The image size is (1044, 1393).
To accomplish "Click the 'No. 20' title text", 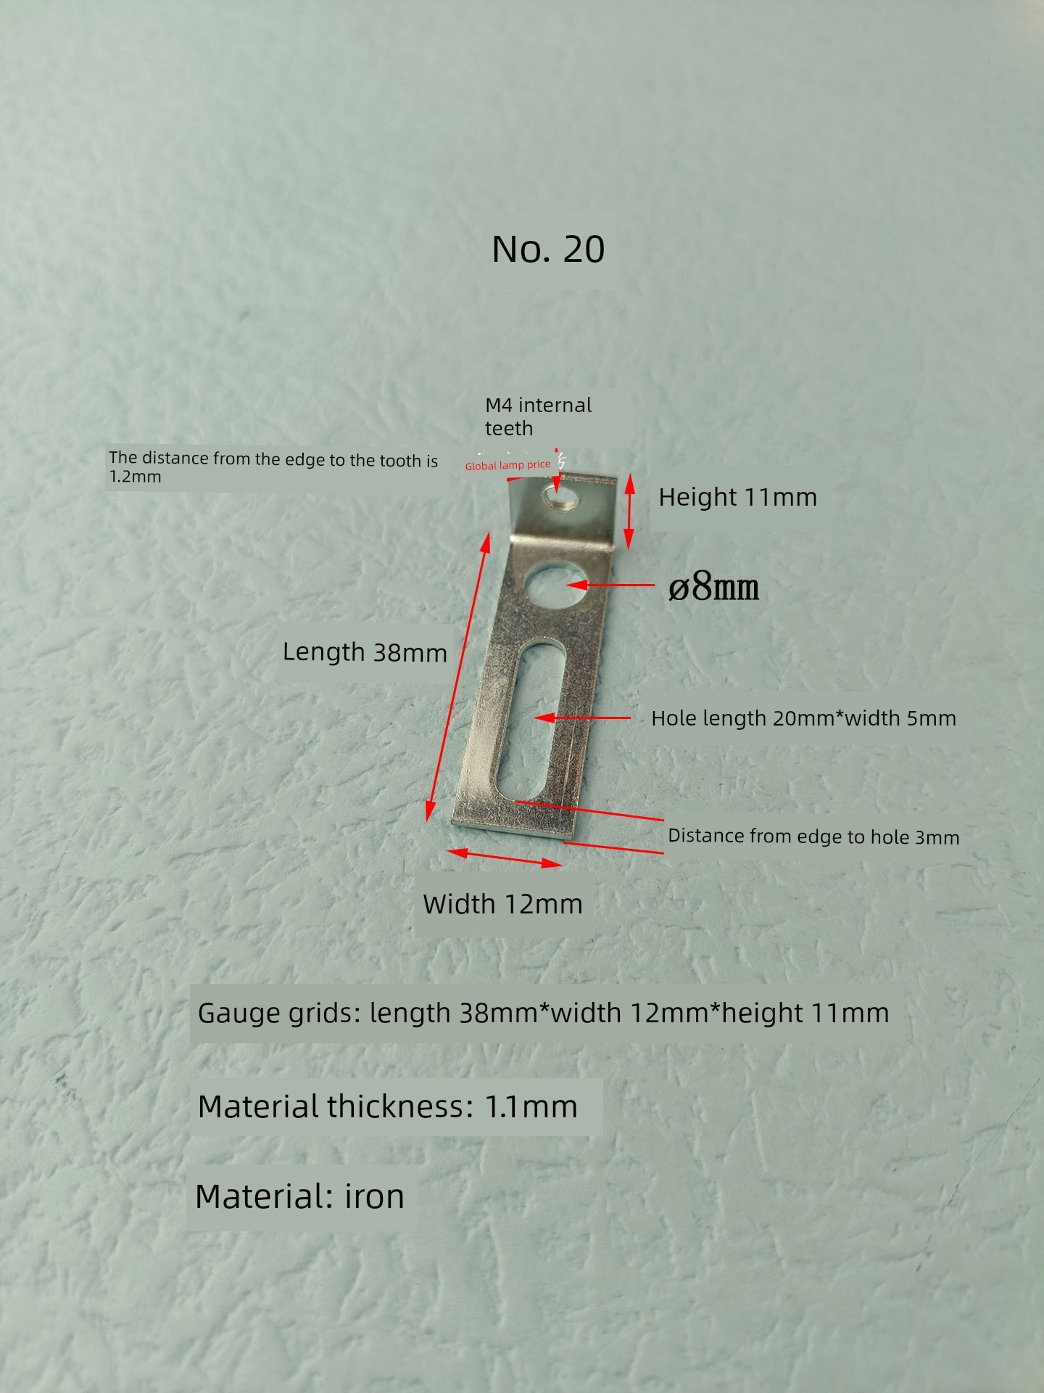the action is (x=548, y=249).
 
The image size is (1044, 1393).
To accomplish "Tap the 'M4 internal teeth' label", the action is (x=538, y=416).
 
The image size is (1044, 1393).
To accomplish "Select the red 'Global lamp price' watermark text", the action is (x=507, y=465).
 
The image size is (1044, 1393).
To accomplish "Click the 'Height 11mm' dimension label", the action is (x=737, y=497).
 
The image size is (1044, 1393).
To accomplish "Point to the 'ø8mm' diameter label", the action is (x=713, y=586).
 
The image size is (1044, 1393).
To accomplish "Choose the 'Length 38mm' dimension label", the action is (x=365, y=652).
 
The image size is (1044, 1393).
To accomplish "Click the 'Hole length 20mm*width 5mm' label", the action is (x=803, y=718).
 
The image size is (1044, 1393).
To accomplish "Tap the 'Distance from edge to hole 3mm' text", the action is (x=813, y=836).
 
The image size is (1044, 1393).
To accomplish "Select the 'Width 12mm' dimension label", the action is (x=502, y=904).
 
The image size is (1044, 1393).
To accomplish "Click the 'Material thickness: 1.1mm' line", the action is (x=387, y=1106).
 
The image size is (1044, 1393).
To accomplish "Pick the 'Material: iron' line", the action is (x=299, y=1196).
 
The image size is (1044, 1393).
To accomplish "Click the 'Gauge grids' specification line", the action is (x=543, y=1013).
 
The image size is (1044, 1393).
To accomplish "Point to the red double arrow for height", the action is (x=629, y=511).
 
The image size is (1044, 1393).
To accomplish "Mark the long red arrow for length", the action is (x=458, y=676).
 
